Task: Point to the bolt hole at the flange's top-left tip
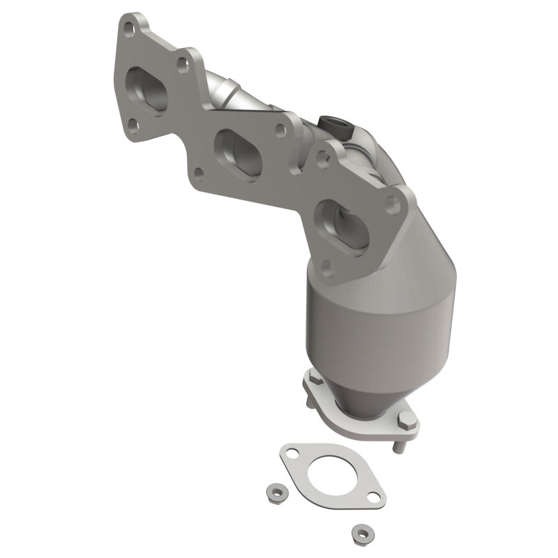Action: pyautogui.click(x=128, y=27)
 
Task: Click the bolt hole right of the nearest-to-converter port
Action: pyautogui.click(x=393, y=205)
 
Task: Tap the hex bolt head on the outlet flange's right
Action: pyautogui.click(x=405, y=420)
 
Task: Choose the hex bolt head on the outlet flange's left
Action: pyautogui.click(x=313, y=379)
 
